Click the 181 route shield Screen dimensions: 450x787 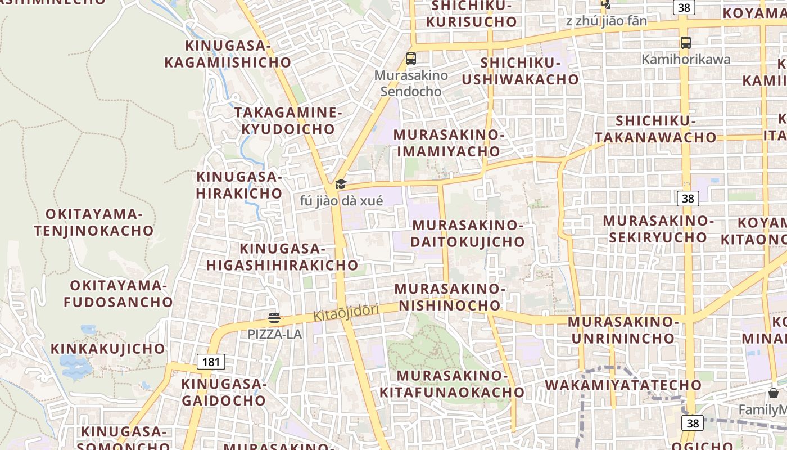point(211,362)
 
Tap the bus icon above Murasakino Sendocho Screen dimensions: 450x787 point(411,58)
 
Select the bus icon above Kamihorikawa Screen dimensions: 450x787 point(685,42)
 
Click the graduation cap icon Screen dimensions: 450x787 point(341,184)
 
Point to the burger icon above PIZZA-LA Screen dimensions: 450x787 point(274,318)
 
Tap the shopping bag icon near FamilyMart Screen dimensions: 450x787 point(774,393)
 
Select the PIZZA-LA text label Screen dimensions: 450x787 point(275,334)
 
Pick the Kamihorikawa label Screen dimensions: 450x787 point(686,59)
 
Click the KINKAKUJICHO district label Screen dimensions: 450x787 point(108,349)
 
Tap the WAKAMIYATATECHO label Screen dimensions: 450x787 point(623,385)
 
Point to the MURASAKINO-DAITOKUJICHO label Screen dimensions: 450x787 point(468,233)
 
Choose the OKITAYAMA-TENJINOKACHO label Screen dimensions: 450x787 point(93,222)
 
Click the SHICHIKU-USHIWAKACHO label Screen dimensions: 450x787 point(520,71)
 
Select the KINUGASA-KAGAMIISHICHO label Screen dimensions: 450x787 point(228,53)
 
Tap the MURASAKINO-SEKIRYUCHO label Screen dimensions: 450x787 point(658,228)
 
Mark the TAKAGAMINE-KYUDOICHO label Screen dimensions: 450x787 point(288,120)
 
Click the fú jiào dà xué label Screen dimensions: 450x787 point(341,201)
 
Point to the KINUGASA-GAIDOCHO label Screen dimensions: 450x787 point(223,392)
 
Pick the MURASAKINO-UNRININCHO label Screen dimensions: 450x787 point(623,330)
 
